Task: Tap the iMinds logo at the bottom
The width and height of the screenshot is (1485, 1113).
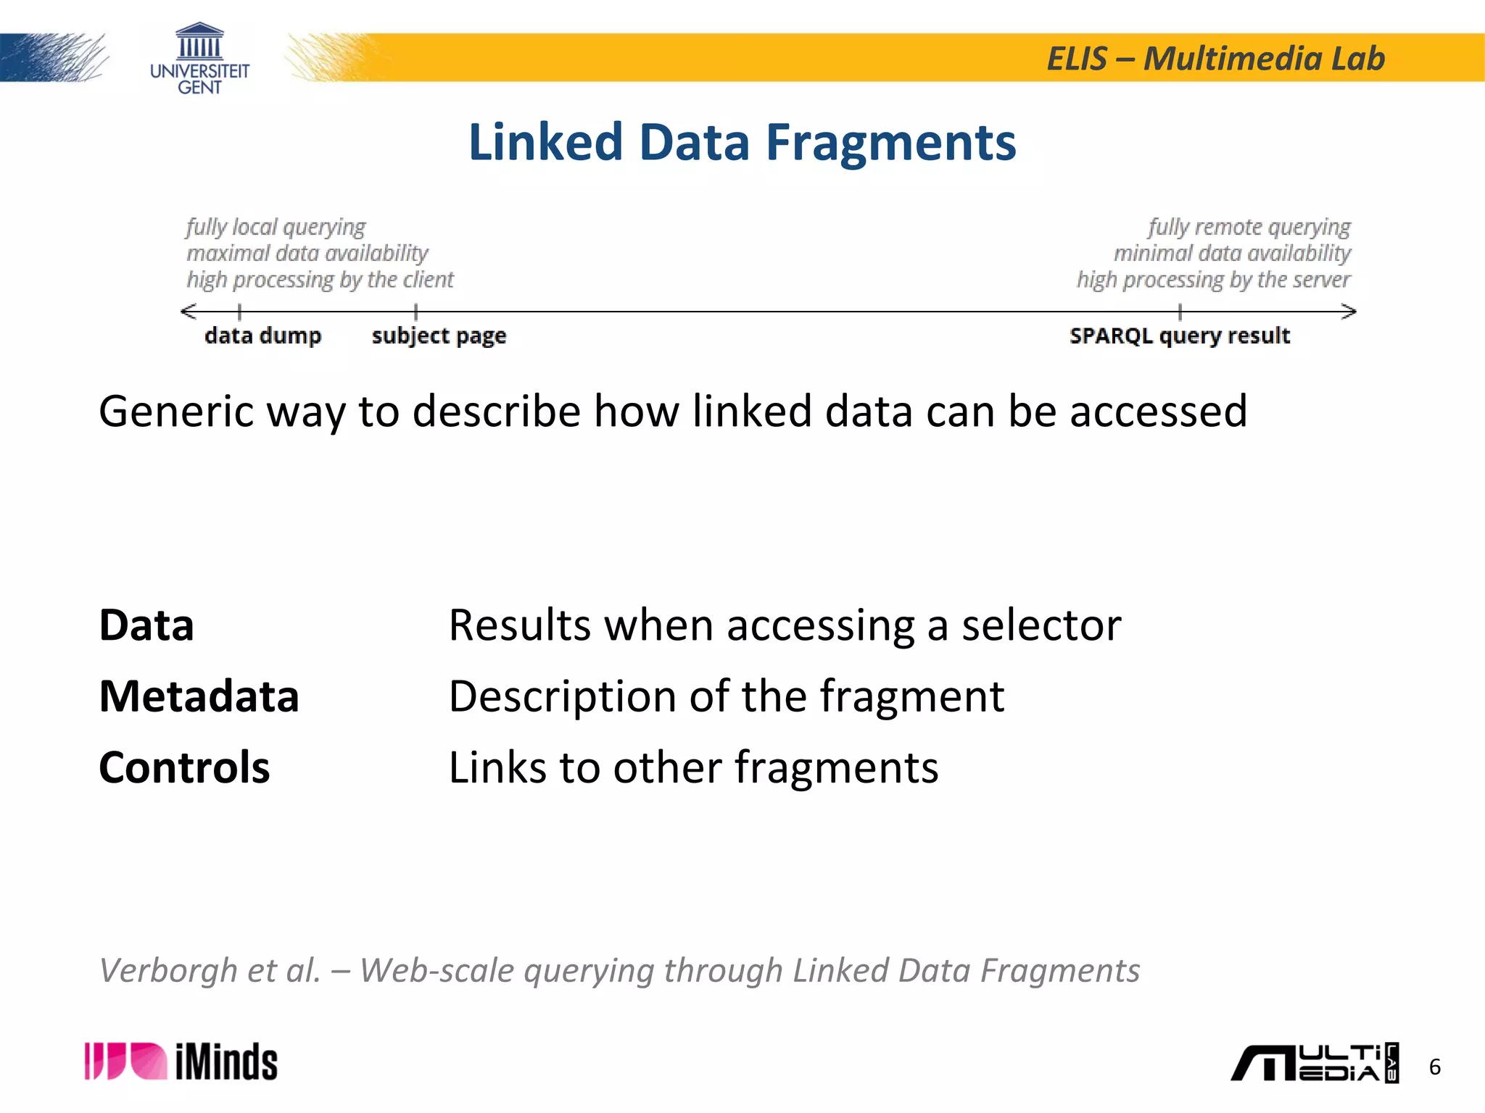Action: pyautogui.click(x=181, y=1062)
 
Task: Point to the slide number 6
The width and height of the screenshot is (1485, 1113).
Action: pyautogui.click(x=1434, y=1067)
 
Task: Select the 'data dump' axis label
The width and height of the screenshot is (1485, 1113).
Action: pyautogui.click(x=262, y=335)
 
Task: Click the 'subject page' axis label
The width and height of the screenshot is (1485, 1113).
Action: pyautogui.click(x=439, y=336)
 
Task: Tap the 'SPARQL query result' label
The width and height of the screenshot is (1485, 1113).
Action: pyautogui.click(x=1180, y=335)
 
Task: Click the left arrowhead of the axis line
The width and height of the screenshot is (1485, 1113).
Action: pyautogui.click(x=188, y=312)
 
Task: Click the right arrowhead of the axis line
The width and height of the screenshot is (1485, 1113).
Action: pyautogui.click(x=1349, y=312)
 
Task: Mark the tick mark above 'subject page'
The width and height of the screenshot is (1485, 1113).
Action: pyautogui.click(x=415, y=312)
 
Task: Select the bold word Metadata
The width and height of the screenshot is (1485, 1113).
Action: pyautogui.click(x=199, y=696)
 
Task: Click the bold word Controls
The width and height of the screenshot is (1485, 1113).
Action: pyautogui.click(x=184, y=767)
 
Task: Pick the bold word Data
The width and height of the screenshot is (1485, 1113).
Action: pyautogui.click(x=146, y=625)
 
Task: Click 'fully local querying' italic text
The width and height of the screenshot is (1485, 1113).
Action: pyautogui.click(x=276, y=227)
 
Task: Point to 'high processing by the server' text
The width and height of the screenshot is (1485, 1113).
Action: pyautogui.click(x=1213, y=280)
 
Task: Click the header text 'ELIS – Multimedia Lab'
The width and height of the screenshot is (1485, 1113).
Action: pyautogui.click(x=1215, y=59)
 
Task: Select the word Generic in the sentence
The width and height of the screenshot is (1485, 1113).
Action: pyautogui.click(x=176, y=412)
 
